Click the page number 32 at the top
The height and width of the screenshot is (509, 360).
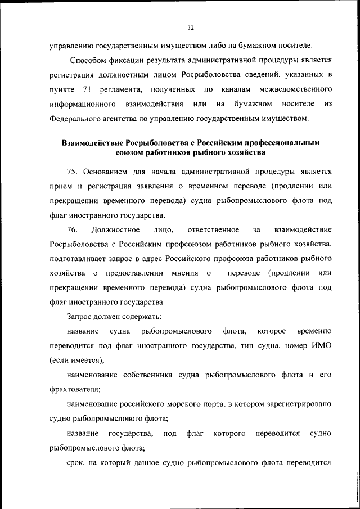click(x=191, y=28)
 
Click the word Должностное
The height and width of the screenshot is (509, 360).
click(x=119, y=229)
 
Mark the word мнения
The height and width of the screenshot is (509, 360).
click(x=187, y=273)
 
